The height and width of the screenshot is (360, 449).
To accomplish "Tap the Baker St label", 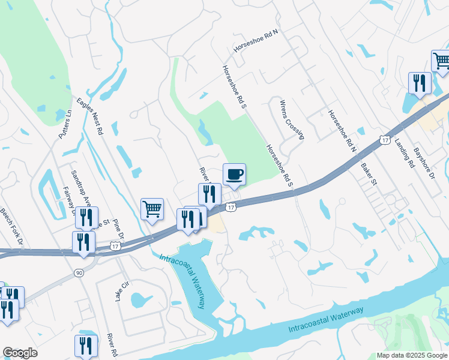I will [368, 173].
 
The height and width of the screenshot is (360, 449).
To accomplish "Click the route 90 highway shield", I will [79, 272].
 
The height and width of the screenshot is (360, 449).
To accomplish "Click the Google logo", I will [20, 353].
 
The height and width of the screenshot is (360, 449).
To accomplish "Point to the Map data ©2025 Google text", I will [412, 355].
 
